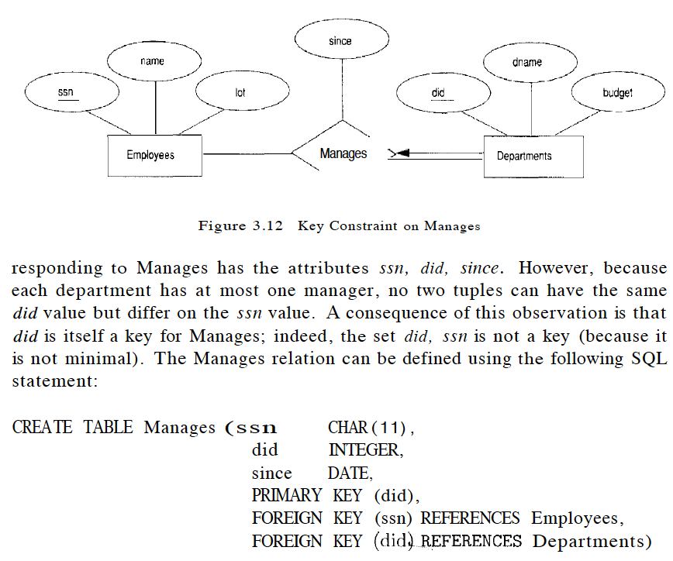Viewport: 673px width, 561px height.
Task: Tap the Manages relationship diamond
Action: coord(342,153)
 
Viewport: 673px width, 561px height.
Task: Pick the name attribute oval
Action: coord(153,60)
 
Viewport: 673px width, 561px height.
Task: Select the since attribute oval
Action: coord(340,41)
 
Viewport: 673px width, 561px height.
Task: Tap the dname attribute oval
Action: coord(528,62)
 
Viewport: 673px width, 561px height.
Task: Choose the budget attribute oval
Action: coord(617,93)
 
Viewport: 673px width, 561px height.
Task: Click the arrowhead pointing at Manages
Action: coord(393,153)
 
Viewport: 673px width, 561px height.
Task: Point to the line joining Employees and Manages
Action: coord(247,153)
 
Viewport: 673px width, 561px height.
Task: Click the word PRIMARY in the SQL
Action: coord(286,495)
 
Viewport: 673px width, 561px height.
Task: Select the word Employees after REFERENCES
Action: coord(576,518)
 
